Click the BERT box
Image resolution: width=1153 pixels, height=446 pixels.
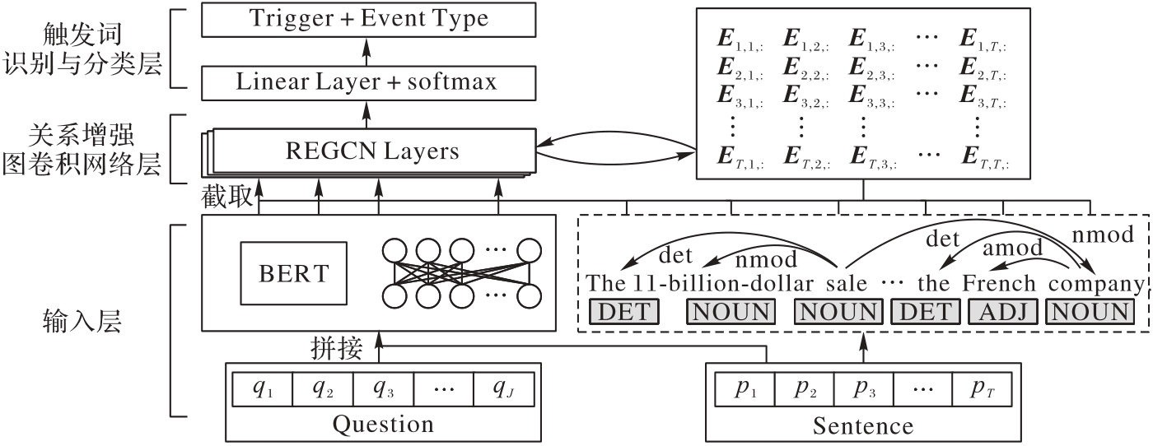coord(293,272)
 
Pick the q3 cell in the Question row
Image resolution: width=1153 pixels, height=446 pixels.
coord(383,387)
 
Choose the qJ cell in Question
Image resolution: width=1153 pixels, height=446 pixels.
coord(504,387)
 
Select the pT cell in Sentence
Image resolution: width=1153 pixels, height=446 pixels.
coord(982,387)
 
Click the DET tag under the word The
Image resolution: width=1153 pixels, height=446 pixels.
coord(625,312)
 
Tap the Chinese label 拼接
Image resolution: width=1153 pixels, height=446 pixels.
coord(336,349)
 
